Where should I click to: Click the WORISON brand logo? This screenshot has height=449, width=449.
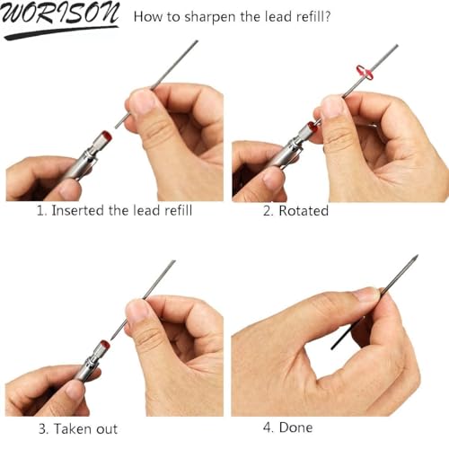point(60,20)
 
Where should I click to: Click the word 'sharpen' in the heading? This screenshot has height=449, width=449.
point(210,17)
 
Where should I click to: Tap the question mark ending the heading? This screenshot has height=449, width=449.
point(327,16)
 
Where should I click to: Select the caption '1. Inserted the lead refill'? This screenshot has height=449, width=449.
point(114,210)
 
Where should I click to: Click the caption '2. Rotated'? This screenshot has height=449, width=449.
point(295,210)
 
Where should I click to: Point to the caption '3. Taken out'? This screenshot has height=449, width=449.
point(78,428)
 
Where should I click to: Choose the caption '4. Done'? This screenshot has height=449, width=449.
point(288,427)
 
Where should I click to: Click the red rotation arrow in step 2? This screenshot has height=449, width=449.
point(365,72)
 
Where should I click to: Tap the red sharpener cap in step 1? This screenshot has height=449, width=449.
point(106,136)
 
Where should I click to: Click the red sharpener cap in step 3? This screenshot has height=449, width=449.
point(104,346)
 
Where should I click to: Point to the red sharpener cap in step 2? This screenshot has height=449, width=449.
point(313,127)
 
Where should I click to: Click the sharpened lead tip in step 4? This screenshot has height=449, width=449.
point(415,258)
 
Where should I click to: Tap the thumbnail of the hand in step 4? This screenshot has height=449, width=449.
point(366,295)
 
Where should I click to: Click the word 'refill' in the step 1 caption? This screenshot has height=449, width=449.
point(179,210)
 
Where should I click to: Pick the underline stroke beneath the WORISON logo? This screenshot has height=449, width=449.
point(61,32)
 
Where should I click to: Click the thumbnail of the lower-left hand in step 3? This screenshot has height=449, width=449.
point(75,390)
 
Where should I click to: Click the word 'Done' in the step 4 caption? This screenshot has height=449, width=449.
point(295,427)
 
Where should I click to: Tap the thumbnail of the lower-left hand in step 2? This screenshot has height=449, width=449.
point(274,178)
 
